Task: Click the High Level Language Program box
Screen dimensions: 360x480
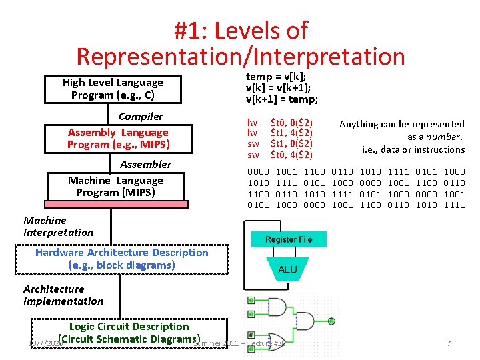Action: pyautogui.click(x=112, y=89)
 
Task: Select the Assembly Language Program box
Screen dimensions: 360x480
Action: pyautogui.click(x=118, y=139)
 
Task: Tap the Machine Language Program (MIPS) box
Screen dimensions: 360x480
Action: pyautogui.click(x=115, y=187)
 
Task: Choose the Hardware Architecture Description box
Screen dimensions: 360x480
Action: pyautogui.click(x=121, y=259)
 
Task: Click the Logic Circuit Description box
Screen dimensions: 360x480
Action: pyautogui.click(x=129, y=333)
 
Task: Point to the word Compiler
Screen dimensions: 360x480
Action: pyautogui.click(x=140, y=116)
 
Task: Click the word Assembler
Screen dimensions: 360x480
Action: pyautogui.click(x=145, y=164)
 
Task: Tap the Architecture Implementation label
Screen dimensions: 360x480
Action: pyautogui.click(x=63, y=295)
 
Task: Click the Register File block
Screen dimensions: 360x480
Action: pyautogui.click(x=289, y=239)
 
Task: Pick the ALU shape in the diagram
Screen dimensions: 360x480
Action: pyautogui.click(x=288, y=270)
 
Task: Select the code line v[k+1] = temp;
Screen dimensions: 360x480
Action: pyautogui.click(x=282, y=99)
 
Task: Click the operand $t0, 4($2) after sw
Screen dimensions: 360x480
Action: pyautogui.click(x=291, y=155)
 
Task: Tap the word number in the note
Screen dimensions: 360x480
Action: pyautogui.click(x=446, y=137)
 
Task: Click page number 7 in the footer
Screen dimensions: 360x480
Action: pyautogui.click(x=449, y=343)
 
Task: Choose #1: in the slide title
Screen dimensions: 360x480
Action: pyautogui.click(x=189, y=30)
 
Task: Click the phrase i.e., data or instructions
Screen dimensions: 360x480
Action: pyautogui.click(x=413, y=149)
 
